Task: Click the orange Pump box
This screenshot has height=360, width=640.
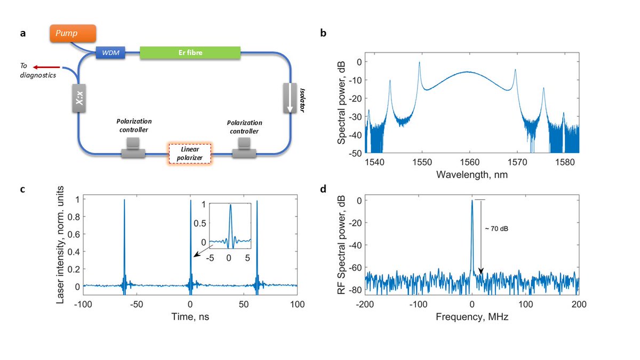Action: point(74,34)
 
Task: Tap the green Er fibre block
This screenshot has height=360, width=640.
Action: point(190,52)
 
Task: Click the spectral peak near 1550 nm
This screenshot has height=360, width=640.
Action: point(419,63)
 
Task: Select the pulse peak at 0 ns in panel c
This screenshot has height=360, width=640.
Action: point(190,202)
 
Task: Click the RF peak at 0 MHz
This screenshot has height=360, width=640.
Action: point(472,202)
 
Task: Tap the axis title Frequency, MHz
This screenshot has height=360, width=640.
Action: point(471,317)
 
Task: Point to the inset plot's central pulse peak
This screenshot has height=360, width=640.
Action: point(230,206)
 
